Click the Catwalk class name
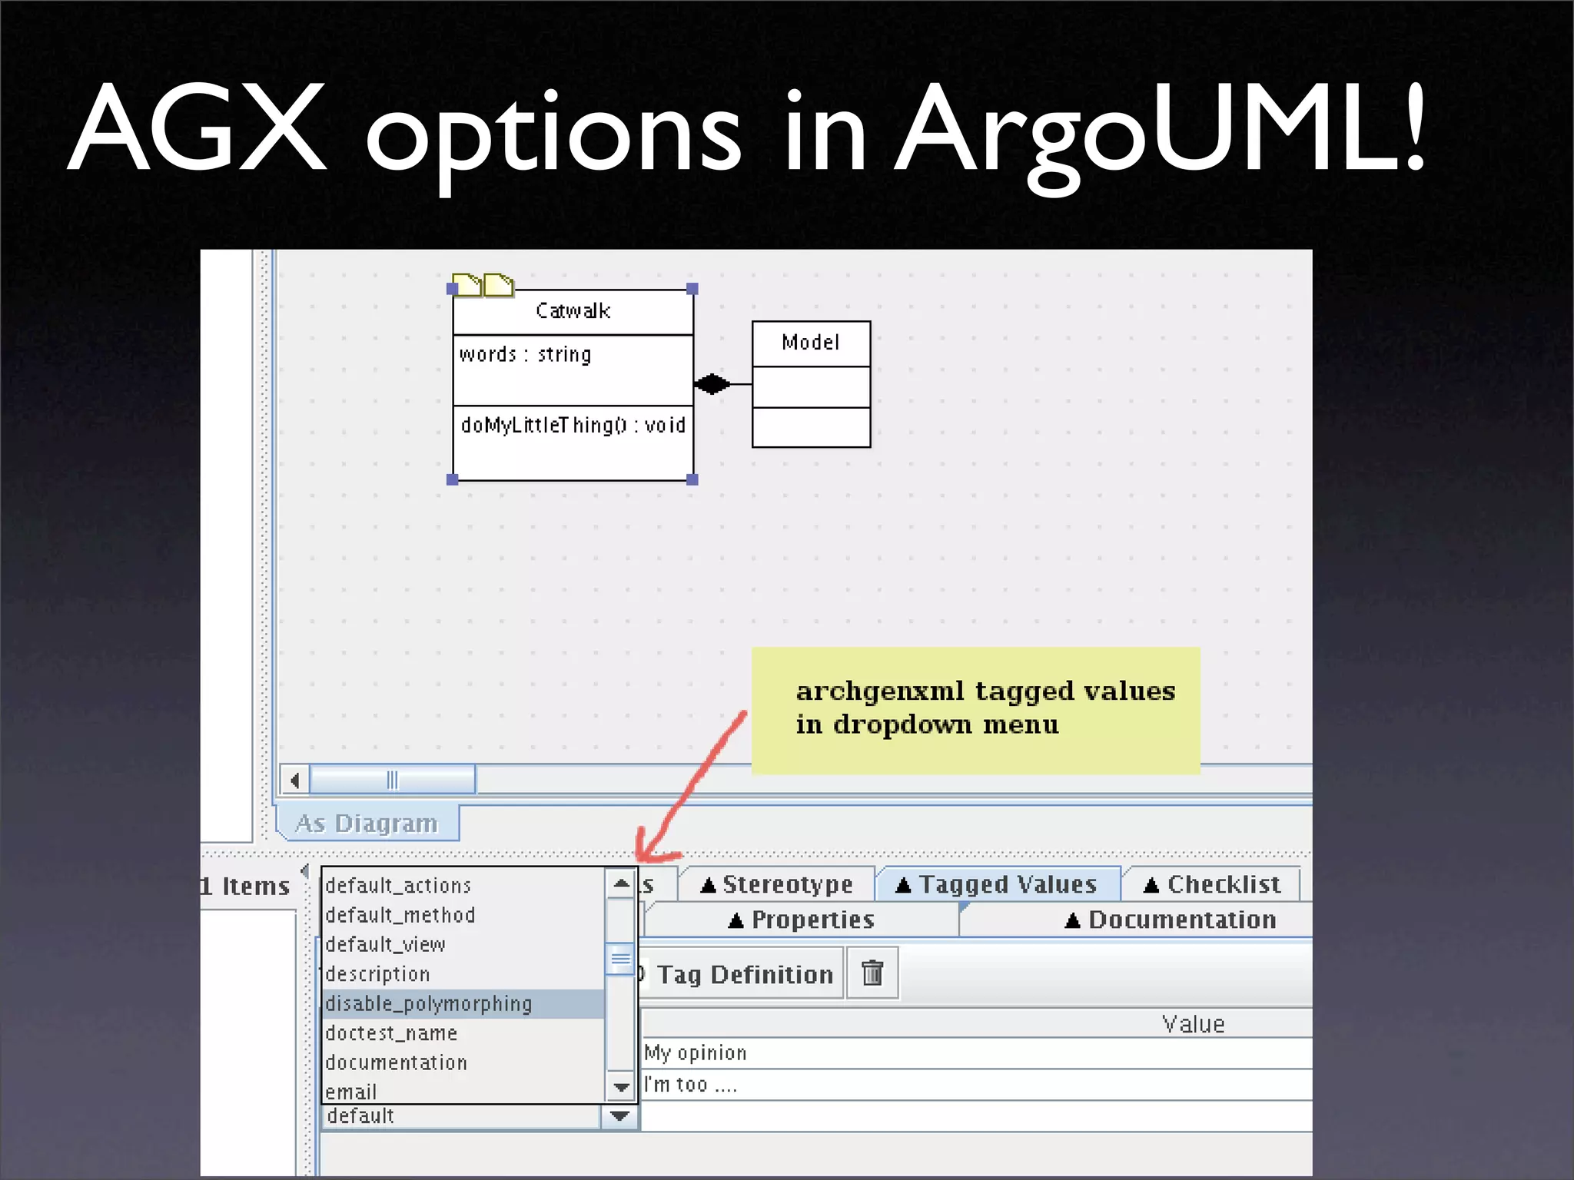[x=573, y=311]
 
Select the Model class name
[x=810, y=343]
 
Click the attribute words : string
[x=526, y=355]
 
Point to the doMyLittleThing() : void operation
[x=573, y=426]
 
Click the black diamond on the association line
[x=712, y=383]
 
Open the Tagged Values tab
[x=998, y=884]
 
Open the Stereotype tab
[x=777, y=884]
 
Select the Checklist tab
[x=1212, y=884]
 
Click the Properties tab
[x=802, y=920]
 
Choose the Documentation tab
[x=1171, y=920]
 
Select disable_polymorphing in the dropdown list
[x=429, y=1004]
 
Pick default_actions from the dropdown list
[x=398, y=886]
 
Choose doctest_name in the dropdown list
[x=391, y=1033]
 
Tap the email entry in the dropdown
[x=351, y=1092]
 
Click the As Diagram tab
[x=367, y=824]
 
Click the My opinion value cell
[x=696, y=1053]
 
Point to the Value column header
[x=1193, y=1024]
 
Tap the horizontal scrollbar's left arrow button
[x=295, y=781]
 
